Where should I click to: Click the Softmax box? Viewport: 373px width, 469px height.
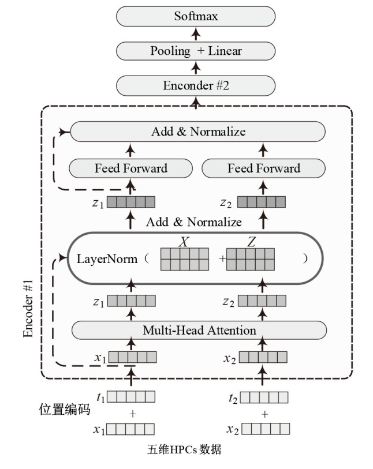[196, 16]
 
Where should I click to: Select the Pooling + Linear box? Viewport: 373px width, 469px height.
[196, 51]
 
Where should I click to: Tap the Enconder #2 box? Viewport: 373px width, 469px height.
[196, 85]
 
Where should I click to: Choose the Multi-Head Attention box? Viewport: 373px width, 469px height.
[199, 331]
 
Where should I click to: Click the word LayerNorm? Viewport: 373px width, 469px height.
[107, 259]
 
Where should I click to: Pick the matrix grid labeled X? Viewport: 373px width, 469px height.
[184, 259]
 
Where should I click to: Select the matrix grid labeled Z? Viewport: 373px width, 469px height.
[251, 259]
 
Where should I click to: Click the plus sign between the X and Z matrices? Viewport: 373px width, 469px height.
[222, 260]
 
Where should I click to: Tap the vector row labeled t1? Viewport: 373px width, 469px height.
[132, 397]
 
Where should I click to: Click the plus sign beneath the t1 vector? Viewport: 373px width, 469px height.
[133, 414]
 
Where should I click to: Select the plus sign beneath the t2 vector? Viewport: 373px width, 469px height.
[265, 414]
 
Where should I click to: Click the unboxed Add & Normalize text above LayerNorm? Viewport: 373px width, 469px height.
[194, 222]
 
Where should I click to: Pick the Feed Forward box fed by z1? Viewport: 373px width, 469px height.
[131, 168]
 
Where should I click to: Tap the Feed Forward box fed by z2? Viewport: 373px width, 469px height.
[264, 168]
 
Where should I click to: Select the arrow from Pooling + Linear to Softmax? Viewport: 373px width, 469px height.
[196, 33]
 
